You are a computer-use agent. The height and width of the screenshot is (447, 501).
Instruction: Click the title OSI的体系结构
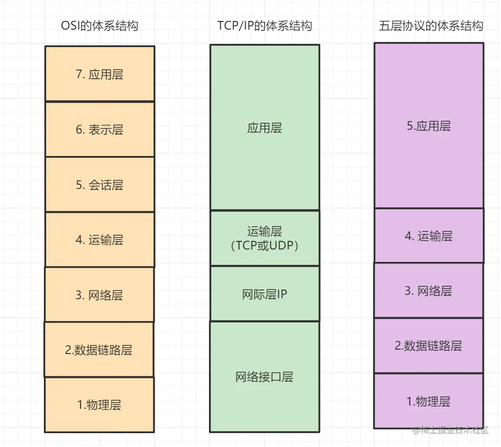tap(100, 26)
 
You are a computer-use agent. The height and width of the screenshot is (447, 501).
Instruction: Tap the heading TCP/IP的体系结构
tap(265, 26)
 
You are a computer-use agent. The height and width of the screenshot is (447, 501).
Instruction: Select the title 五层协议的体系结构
tap(431, 26)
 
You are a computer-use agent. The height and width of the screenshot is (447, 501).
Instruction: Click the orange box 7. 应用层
tap(100, 74)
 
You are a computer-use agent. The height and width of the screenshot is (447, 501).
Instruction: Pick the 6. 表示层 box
tap(100, 129)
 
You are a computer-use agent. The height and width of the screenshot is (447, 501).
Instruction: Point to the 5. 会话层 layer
tap(100, 185)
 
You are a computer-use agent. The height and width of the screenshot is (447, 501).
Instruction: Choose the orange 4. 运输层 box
tap(100, 239)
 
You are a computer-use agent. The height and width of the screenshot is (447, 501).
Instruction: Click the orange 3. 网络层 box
tap(99, 295)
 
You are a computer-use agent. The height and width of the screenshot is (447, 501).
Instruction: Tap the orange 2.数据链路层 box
tap(99, 350)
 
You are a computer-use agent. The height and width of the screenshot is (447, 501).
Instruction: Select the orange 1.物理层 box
tap(99, 405)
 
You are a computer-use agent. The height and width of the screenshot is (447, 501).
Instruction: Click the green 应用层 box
tap(265, 127)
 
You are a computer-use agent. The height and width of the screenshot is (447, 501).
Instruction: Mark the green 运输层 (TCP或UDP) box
tap(265, 238)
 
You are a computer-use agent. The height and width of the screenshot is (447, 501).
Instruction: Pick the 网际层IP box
tap(265, 294)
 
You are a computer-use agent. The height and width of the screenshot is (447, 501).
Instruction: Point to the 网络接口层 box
tap(265, 377)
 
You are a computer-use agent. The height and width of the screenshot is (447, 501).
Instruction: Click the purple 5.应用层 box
tap(429, 126)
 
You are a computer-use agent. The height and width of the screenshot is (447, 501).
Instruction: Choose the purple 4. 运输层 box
tap(429, 236)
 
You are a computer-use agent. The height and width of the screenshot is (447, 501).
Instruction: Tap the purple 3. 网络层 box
tap(428, 291)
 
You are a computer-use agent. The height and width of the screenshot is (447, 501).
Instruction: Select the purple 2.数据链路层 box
tap(428, 346)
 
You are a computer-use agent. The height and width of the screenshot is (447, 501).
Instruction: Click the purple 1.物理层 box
tap(428, 401)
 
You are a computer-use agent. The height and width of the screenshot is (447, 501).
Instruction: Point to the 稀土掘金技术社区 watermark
tap(451, 429)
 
